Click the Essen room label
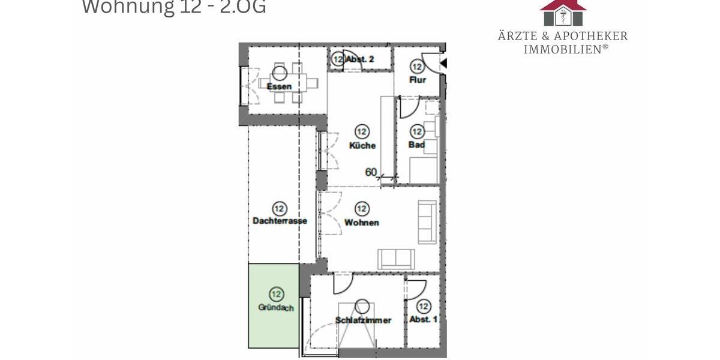(x=280, y=86)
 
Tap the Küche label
(x=362, y=145)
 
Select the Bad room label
(x=416, y=145)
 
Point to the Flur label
(x=417, y=80)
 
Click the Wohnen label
(x=362, y=223)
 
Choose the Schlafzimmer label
(x=363, y=320)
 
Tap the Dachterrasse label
(x=280, y=221)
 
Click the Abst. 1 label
(x=424, y=320)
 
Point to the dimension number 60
(x=371, y=173)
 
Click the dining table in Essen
(x=280, y=82)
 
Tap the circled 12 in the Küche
(x=362, y=131)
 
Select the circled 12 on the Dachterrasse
(x=279, y=208)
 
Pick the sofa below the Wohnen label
(x=396, y=259)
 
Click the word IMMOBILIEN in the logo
(x=562, y=50)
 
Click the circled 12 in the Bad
(x=417, y=131)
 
